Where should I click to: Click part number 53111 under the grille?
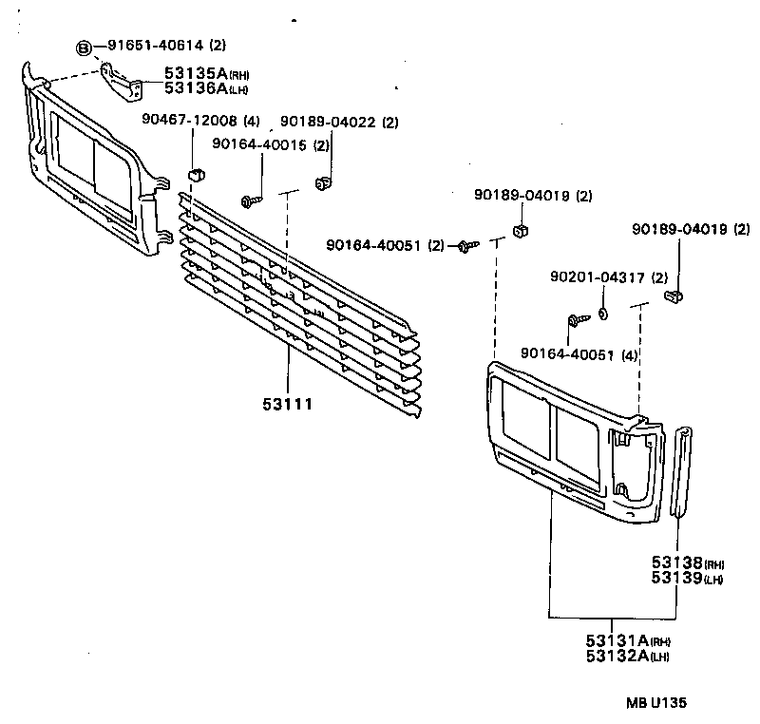(x=288, y=404)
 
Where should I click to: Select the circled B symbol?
(x=85, y=46)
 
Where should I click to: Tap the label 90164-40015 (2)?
(x=270, y=144)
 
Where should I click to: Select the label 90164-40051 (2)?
(x=385, y=245)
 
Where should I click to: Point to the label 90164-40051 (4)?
(x=578, y=354)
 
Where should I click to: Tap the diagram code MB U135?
(x=655, y=703)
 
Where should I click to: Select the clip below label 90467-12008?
(x=196, y=175)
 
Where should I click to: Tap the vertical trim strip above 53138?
(x=680, y=472)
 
